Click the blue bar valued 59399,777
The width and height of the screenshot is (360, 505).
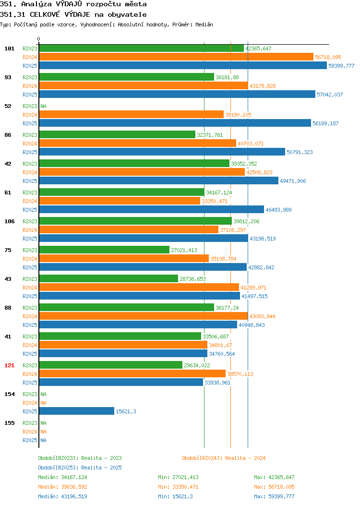pyautogui.click(x=183, y=66)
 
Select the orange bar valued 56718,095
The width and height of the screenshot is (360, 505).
pyautogui.click(x=176, y=57)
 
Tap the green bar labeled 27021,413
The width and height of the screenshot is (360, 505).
pyautogui.click(x=104, y=250)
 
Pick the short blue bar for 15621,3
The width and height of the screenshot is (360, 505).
pyautogui.click(x=77, y=411)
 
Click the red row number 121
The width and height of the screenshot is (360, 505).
pyautogui.click(x=9, y=365)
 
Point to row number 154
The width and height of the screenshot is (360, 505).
pyautogui.click(x=9, y=394)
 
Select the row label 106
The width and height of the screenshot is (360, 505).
pyautogui.click(x=9, y=221)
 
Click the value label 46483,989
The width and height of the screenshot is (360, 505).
pyautogui.click(x=278, y=210)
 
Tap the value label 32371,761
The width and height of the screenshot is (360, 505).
pyautogui.click(x=210, y=135)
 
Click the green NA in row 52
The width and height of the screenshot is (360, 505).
pyautogui.click(x=44, y=106)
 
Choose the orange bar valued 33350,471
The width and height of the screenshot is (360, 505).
pyautogui.click(x=120, y=201)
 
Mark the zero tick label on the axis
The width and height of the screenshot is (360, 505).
pyautogui.click(x=39, y=39)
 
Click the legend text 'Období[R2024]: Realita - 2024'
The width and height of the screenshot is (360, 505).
pyautogui.click(x=224, y=458)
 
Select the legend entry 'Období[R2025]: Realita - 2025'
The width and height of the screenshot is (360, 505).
pyautogui.click(x=80, y=468)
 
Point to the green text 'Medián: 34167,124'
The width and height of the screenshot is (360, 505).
pyautogui.click(x=62, y=477)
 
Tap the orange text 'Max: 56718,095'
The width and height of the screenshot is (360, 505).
pyautogui.click(x=274, y=487)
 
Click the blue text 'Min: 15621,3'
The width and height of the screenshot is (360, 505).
pyautogui.click(x=176, y=497)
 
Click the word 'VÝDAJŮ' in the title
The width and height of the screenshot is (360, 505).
pyautogui.click(x=69, y=4)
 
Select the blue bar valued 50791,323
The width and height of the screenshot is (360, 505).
pyautogui.click(x=162, y=152)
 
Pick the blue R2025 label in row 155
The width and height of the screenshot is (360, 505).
pyautogui.click(x=30, y=440)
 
